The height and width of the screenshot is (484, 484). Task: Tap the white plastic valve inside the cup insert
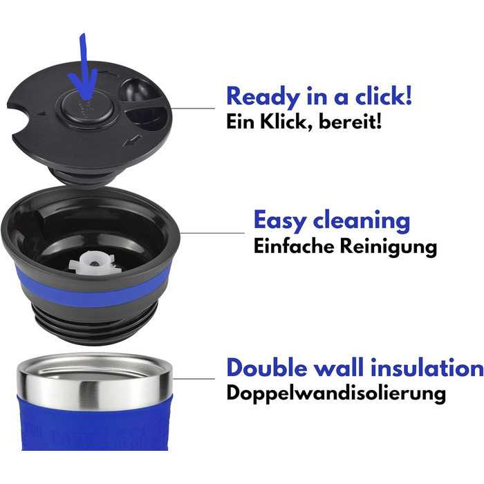[94, 263]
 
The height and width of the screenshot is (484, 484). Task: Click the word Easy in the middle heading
[280, 221]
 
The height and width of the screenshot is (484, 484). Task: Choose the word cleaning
[362, 220]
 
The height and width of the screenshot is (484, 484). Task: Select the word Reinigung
[389, 247]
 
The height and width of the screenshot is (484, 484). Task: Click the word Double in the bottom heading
[265, 367]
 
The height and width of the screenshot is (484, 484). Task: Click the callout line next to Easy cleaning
[212, 233]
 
